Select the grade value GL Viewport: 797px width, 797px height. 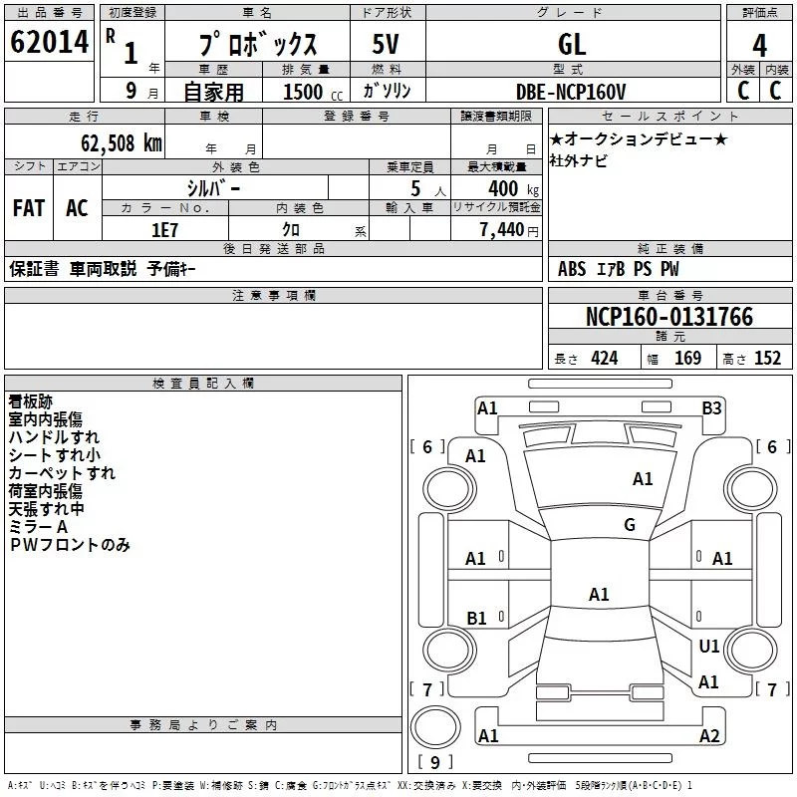pos(572,44)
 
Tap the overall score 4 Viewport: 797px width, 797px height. pos(759,45)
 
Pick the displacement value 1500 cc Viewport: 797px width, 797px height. pos(305,92)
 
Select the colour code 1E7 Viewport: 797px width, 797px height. pos(164,229)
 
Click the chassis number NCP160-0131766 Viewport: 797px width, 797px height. pos(669,317)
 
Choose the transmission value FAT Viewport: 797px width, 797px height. pos(28,208)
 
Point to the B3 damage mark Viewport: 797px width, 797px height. pos(711,407)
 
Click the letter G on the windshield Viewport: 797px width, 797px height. pos(630,525)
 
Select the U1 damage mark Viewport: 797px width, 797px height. pos(709,647)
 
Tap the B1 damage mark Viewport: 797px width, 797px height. pos(476,619)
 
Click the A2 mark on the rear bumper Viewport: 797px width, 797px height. pos(709,736)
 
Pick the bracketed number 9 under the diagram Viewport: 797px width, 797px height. pos(434,763)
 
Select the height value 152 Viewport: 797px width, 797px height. pos(767,359)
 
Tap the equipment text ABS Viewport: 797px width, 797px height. pos(572,269)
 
